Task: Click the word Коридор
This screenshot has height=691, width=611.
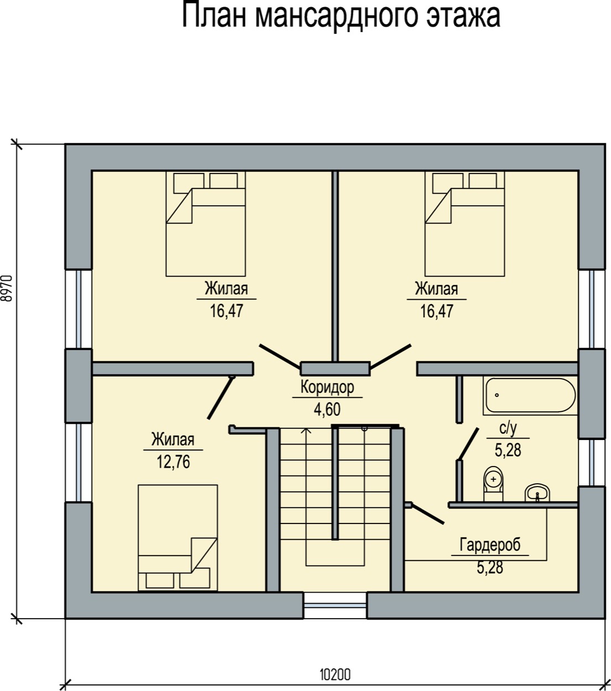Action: click(x=327, y=388)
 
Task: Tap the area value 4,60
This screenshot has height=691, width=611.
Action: click(x=327, y=409)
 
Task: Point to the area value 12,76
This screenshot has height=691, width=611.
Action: click(x=173, y=462)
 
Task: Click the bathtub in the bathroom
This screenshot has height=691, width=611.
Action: click(x=530, y=396)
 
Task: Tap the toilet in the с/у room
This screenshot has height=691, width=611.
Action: click(x=493, y=483)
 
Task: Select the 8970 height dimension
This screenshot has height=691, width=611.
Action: click(x=7, y=288)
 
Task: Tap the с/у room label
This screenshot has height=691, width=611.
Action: click(x=508, y=428)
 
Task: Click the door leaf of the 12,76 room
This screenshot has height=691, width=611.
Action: click(x=221, y=397)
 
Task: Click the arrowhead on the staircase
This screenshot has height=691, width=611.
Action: click(x=306, y=431)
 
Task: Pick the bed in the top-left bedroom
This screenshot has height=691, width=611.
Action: click(x=206, y=224)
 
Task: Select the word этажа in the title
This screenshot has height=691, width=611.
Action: click(x=463, y=17)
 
